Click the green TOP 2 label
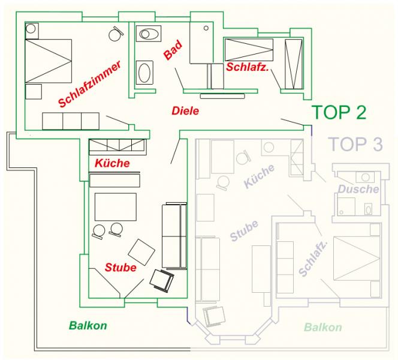pyautogui.click(x=340, y=112)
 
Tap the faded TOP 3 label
pyautogui.click(x=355, y=144)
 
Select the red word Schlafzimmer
pyautogui.click(x=89, y=84)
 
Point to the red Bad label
pyautogui.click(x=173, y=50)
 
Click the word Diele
pyautogui.click(x=185, y=111)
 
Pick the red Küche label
pyautogui.click(x=112, y=163)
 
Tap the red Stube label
pyautogui.click(x=120, y=267)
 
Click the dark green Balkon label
pyautogui.click(x=88, y=325)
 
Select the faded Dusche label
pyautogui.click(x=358, y=189)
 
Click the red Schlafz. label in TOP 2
pyautogui.click(x=247, y=67)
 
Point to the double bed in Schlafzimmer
pyautogui.click(x=48, y=61)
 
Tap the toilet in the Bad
pyautogui.click(x=149, y=34)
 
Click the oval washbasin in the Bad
pyautogui.click(x=144, y=73)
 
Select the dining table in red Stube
pyautogui.click(x=116, y=207)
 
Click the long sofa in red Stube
pyautogui.click(x=174, y=236)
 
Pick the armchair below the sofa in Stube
pyautogui.click(x=162, y=280)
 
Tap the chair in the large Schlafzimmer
pyautogui.click(x=116, y=34)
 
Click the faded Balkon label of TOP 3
pyautogui.click(x=323, y=327)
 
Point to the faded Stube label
pyautogui.click(x=244, y=230)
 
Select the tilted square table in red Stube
pyautogui.click(x=141, y=252)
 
